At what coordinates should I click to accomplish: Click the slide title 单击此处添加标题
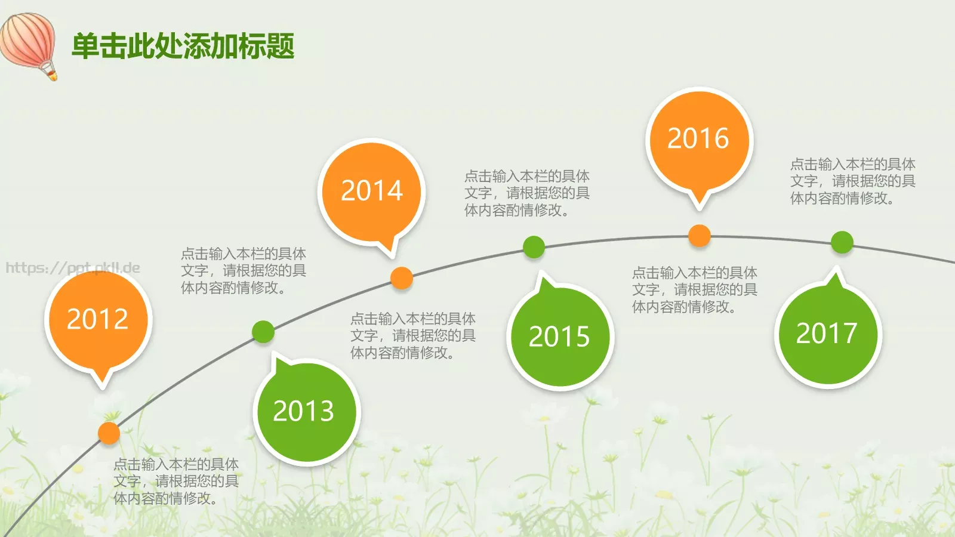(x=183, y=46)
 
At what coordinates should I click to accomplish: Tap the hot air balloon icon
(x=30, y=44)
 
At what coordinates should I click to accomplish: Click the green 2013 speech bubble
(x=306, y=411)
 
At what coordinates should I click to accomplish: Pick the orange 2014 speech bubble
(x=372, y=192)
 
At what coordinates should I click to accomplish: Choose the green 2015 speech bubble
(x=559, y=337)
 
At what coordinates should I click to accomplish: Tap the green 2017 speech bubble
(x=827, y=334)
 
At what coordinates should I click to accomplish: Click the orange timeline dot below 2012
(x=109, y=433)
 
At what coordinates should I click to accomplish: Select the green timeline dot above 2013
(x=263, y=332)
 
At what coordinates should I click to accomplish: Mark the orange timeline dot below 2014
(x=402, y=278)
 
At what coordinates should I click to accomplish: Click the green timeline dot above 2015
(x=534, y=247)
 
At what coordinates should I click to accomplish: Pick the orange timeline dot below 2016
(x=699, y=236)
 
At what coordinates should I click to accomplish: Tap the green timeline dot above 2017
(x=842, y=242)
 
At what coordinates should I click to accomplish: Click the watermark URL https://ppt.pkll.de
(x=73, y=268)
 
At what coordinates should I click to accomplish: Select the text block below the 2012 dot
(x=176, y=481)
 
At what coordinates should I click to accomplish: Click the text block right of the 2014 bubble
(x=527, y=193)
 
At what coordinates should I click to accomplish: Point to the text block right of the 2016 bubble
(x=852, y=181)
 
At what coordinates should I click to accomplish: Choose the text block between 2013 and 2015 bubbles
(x=413, y=336)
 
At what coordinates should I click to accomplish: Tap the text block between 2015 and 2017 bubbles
(x=695, y=290)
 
